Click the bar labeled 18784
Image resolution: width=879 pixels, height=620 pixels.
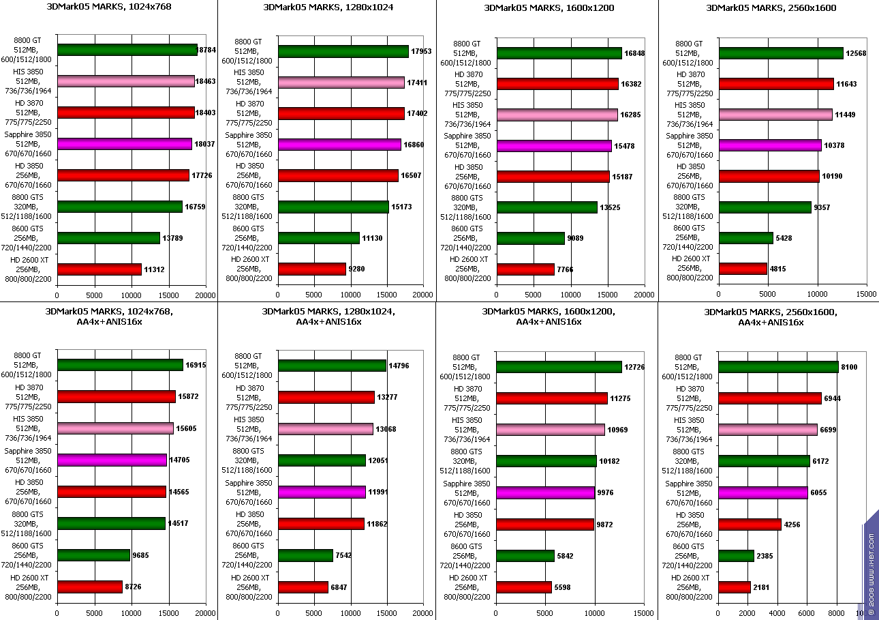[x=127, y=50]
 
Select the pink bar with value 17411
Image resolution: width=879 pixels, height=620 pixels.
[x=341, y=83]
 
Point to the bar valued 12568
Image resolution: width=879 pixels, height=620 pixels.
[x=781, y=53]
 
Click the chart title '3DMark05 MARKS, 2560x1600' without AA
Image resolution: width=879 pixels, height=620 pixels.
[x=771, y=8]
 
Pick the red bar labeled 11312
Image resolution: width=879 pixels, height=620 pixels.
[x=99, y=269]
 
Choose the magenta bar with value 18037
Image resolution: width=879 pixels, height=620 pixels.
[x=125, y=144]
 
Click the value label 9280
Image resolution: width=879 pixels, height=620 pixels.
[x=356, y=269]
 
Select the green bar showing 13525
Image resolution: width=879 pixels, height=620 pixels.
[x=547, y=207]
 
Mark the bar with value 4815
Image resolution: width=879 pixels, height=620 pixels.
[x=743, y=269]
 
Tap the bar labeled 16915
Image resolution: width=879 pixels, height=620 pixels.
[x=121, y=365]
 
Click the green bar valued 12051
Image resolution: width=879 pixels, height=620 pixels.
[x=322, y=460]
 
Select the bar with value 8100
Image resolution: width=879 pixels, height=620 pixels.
[x=778, y=367]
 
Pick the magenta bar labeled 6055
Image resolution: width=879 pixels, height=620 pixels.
[x=763, y=492]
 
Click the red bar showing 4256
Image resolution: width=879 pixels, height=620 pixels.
[x=750, y=525]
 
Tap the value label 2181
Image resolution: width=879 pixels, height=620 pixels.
[x=762, y=587]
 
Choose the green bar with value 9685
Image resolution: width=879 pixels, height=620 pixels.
[x=93, y=555]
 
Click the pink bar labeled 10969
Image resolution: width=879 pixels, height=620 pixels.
[x=551, y=430]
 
